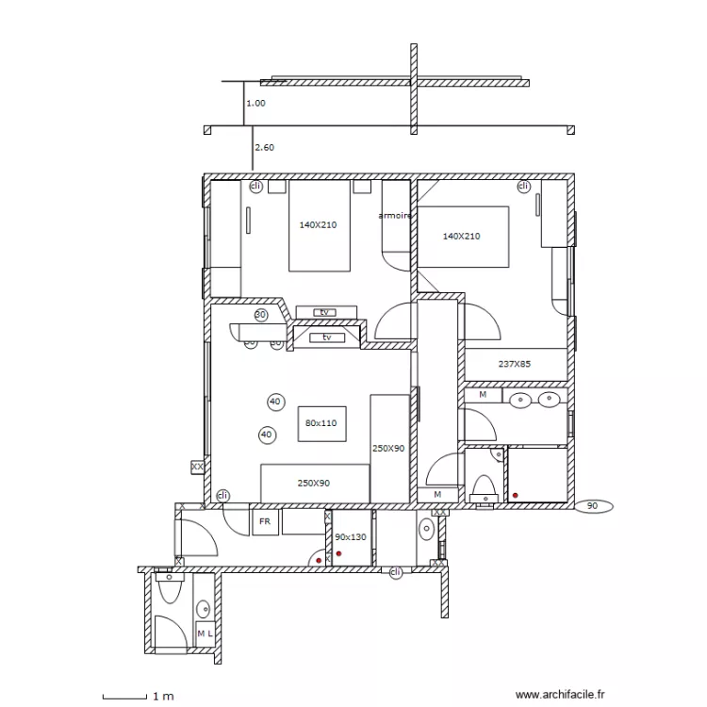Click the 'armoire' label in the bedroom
coord(395,216)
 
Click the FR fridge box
coord(265,521)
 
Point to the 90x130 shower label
coord(350,536)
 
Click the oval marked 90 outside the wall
coord(592,506)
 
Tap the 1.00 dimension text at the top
coord(255,104)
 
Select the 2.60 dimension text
coord(265,147)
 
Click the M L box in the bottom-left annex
coord(204,633)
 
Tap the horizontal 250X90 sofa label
coord(314,483)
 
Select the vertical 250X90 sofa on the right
coord(388,449)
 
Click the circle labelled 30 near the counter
coord(261,315)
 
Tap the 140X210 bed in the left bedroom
coord(320,225)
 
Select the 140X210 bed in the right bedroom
coord(462,237)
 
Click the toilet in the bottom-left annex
coord(170,589)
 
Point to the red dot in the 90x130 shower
coord(337,554)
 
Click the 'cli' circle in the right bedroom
coord(523,187)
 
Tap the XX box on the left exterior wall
coord(197,466)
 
